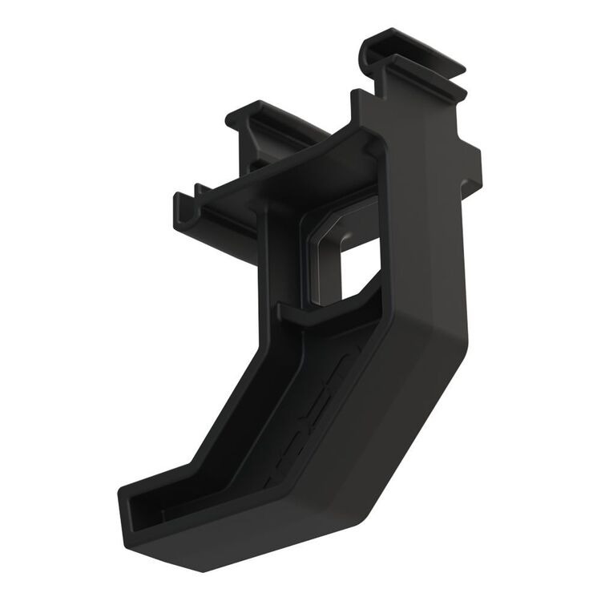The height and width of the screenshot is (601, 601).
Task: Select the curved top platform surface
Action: pos(313,172)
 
